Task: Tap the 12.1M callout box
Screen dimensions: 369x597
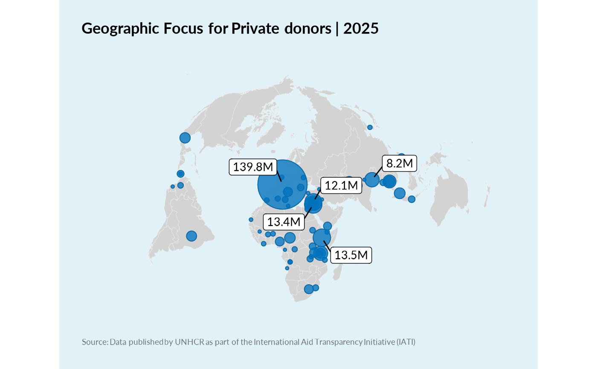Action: pyautogui.click(x=341, y=185)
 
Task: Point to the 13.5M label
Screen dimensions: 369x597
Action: pyautogui.click(x=351, y=255)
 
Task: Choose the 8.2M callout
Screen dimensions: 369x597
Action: pyautogui.click(x=399, y=163)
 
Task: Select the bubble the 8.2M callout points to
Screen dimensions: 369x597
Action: pyautogui.click(x=372, y=180)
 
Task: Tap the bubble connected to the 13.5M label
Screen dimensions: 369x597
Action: pyautogui.click(x=322, y=237)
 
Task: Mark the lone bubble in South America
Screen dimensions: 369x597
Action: pyautogui.click(x=191, y=236)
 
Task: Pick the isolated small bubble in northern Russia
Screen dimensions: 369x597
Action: pyautogui.click(x=370, y=127)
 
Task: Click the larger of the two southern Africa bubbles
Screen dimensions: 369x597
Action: pyautogui.click(x=309, y=289)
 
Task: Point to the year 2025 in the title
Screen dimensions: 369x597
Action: pyautogui.click(x=361, y=29)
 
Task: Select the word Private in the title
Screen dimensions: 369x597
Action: pyautogui.click(x=255, y=29)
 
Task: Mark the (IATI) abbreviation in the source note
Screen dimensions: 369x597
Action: pyautogui.click(x=406, y=342)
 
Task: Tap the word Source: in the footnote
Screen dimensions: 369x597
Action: pyautogui.click(x=95, y=342)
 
